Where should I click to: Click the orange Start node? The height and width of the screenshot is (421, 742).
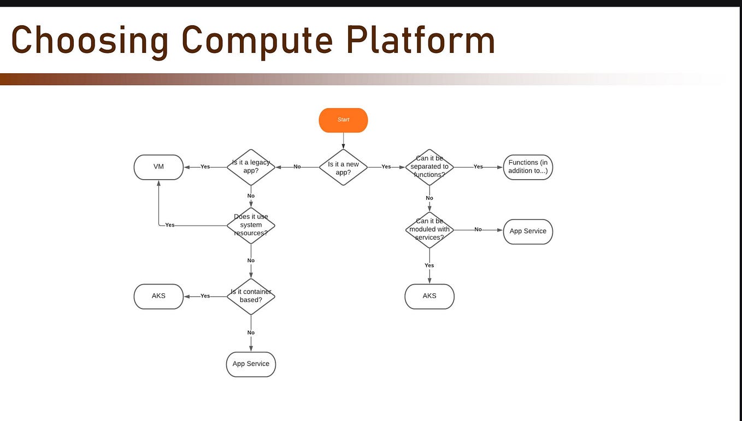(343, 120)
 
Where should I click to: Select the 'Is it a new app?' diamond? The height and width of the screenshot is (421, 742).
(343, 167)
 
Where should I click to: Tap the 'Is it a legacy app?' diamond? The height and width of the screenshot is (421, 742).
(251, 167)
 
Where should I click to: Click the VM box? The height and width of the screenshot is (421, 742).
(158, 167)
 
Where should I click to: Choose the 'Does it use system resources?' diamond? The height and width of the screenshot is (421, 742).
(251, 225)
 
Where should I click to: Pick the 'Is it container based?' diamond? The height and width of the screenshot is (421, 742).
(251, 296)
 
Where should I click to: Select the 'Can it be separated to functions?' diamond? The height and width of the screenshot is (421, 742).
(429, 167)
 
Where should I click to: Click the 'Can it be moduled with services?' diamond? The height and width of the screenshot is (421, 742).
(429, 230)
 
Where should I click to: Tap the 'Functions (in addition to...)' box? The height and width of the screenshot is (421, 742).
(528, 167)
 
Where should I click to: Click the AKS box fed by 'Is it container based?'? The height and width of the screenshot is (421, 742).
(158, 297)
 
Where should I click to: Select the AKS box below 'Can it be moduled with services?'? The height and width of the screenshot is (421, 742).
(429, 297)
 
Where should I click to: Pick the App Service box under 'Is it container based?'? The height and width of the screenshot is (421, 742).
(251, 364)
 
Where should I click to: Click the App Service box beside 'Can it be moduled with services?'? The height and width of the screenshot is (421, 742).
(528, 232)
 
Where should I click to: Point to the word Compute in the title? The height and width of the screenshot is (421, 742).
(257, 41)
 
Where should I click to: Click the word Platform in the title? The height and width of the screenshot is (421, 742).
(421, 41)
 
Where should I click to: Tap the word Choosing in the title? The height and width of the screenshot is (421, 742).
(90, 41)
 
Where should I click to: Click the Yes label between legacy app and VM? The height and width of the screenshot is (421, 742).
(205, 167)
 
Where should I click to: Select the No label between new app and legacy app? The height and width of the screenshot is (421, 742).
(297, 167)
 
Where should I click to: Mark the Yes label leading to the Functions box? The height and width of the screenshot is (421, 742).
(478, 167)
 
